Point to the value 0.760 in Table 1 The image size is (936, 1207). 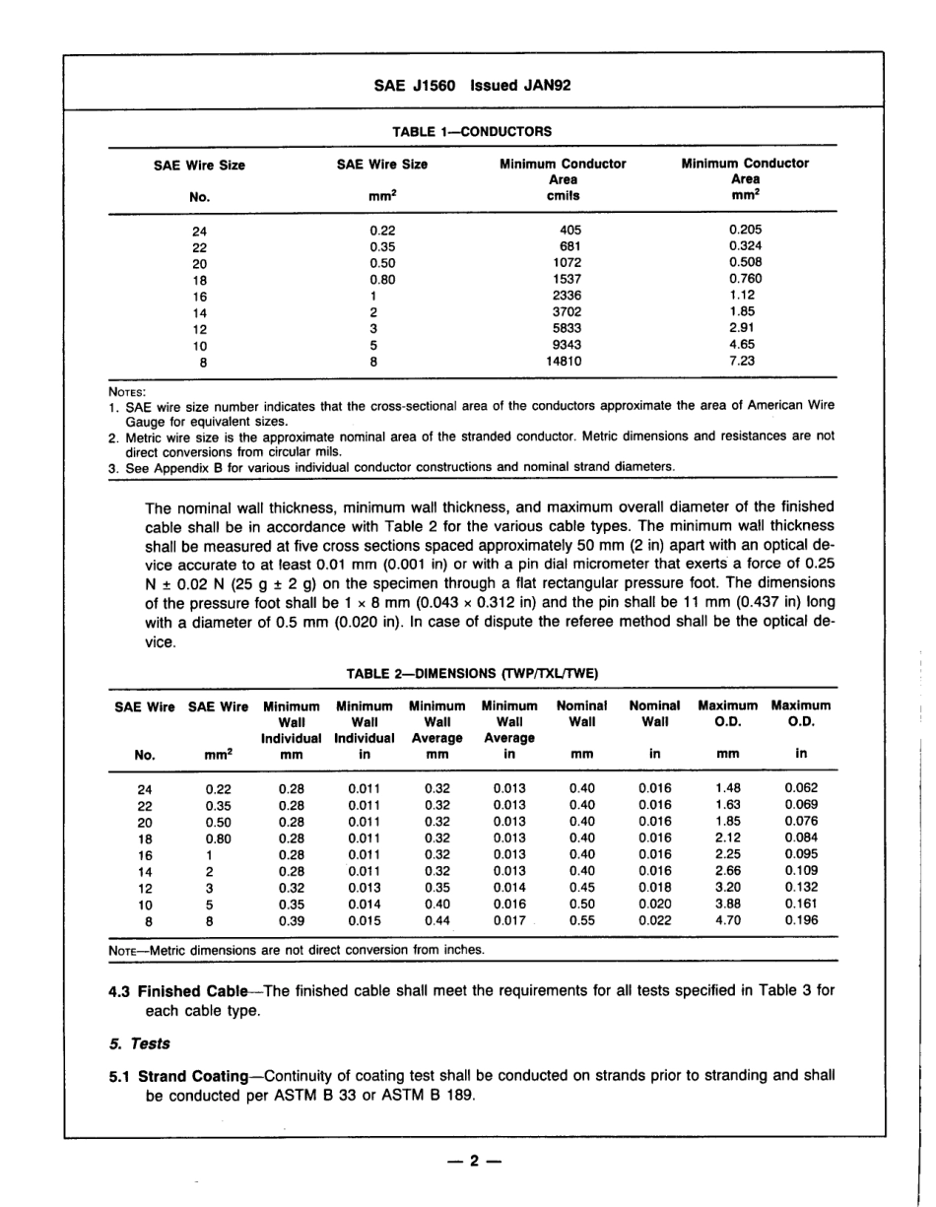(x=745, y=279)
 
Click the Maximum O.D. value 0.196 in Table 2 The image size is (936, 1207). (x=800, y=920)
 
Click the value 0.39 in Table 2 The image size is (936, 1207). (x=292, y=920)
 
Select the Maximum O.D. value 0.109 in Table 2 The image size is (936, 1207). (x=800, y=870)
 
